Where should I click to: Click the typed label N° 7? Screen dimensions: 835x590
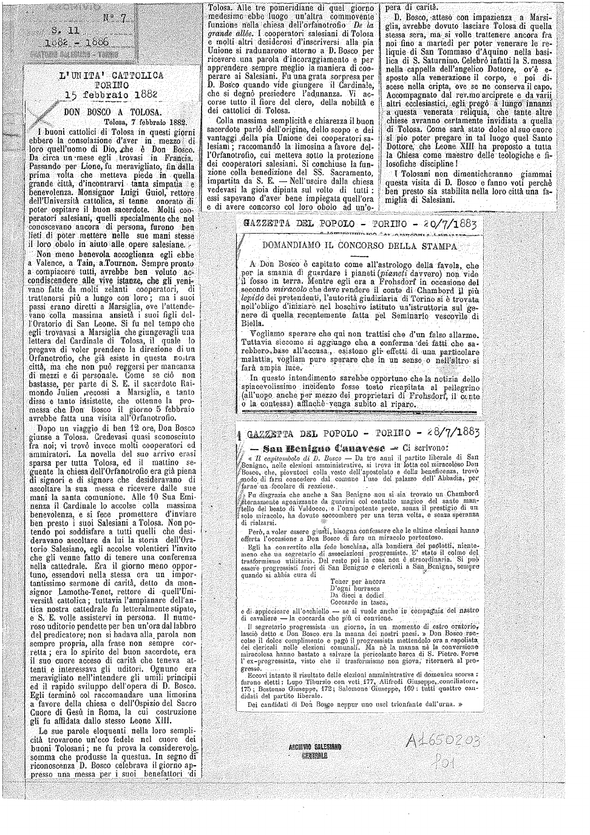click(114, 19)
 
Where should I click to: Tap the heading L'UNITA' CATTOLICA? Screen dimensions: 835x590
click(110, 76)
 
